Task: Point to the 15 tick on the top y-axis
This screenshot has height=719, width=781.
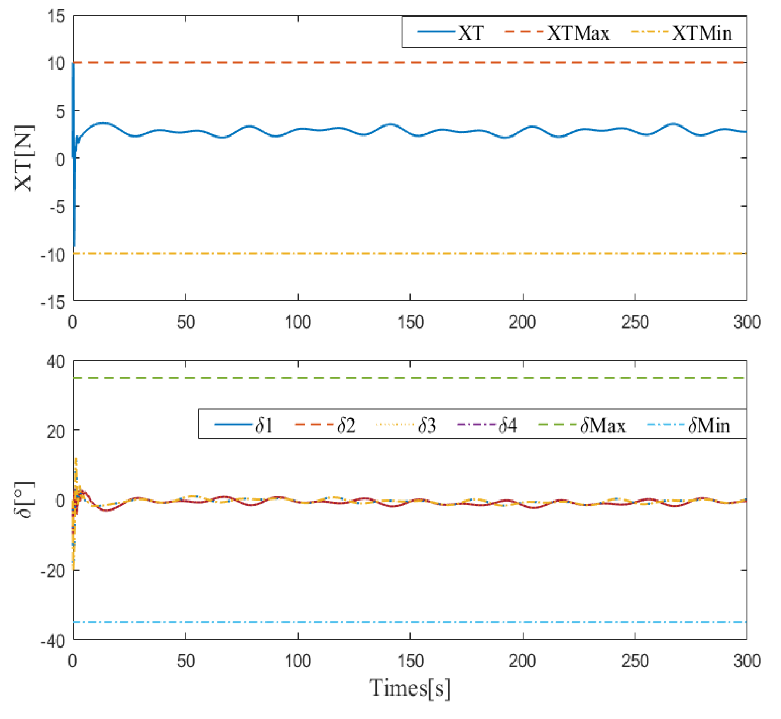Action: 57,17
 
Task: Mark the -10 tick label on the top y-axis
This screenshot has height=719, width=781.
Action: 52,255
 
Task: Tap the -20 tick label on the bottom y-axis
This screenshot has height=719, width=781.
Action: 52,571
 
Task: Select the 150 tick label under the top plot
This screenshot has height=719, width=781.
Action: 410,323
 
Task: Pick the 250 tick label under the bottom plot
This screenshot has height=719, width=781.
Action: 635,661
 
